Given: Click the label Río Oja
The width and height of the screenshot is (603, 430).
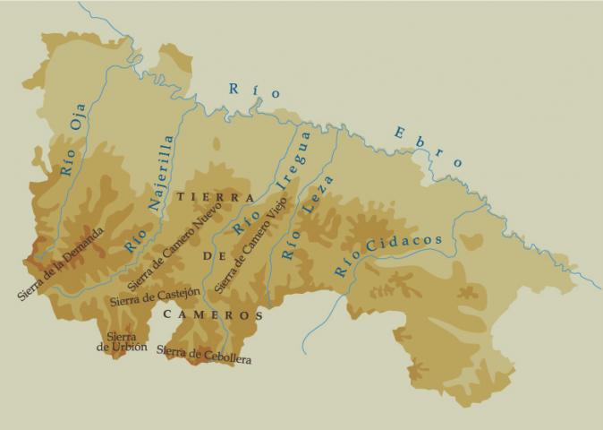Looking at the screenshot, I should (x=77, y=145).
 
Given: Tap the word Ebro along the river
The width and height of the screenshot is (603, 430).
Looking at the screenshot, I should (x=428, y=147).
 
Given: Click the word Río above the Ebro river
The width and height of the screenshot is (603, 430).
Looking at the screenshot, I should (x=255, y=90).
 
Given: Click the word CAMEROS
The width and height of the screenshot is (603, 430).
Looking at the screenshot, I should (x=213, y=315).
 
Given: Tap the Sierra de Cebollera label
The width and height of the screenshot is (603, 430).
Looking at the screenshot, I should (x=204, y=355).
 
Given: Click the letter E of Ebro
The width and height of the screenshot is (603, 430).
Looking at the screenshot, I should (x=398, y=133).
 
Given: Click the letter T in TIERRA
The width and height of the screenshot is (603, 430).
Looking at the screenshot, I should (x=182, y=196).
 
